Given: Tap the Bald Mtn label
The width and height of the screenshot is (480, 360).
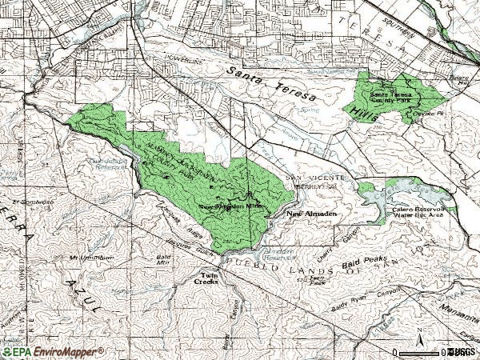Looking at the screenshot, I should tap(163, 259).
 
